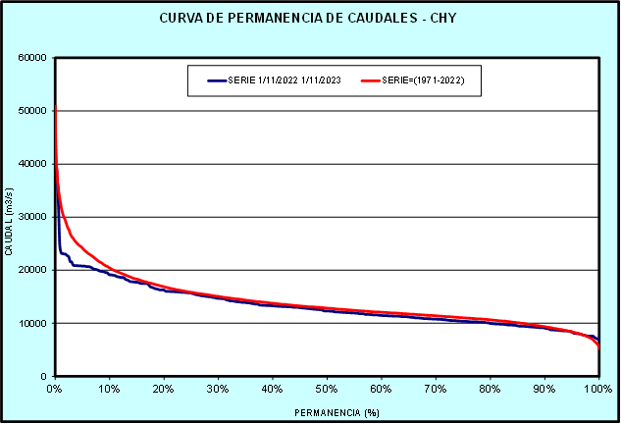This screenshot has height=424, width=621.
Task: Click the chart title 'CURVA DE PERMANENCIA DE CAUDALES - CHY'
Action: click(310, 19)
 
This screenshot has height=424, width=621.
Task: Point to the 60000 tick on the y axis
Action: click(33, 57)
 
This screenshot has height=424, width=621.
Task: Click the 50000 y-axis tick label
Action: click(33, 110)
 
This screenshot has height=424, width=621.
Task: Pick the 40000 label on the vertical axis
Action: click(33, 163)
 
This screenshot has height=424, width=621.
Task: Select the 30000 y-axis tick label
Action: click(33, 217)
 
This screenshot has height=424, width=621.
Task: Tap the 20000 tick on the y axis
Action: click(33, 270)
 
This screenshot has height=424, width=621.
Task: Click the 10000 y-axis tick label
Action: click(33, 323)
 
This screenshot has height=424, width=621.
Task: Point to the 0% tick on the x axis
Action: click(55, 389)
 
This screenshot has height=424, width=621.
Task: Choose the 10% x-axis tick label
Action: click(109, 389)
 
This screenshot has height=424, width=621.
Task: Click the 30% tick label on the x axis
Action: click(218, 389)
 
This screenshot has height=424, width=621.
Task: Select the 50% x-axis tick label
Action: click(327, 389)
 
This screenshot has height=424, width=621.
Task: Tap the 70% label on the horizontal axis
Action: click(436, 389)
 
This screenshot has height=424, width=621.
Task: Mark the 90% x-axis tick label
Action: click(544, 389)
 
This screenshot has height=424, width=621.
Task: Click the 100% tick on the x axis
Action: click(597, 389)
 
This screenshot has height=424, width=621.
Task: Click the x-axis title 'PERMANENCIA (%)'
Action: click(325, 412)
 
